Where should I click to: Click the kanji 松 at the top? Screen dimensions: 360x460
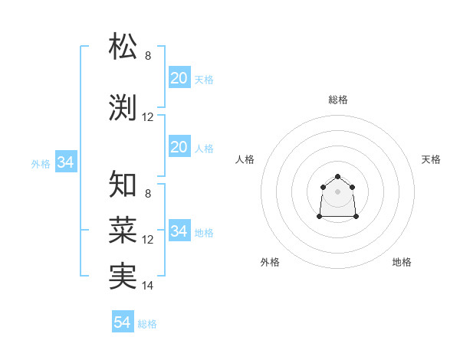click(x=123, y=47)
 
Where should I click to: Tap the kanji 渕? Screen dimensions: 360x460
click(x=123, y=107)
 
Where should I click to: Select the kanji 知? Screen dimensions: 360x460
click(x=123, y=185)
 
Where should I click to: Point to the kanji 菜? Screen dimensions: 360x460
click(x=123, y=229)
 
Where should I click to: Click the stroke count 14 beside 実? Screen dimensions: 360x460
click(x=148, y=286)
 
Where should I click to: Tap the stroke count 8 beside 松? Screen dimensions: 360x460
click(x=148, y=56)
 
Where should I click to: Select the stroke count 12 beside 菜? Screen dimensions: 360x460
click(x=148, y=240)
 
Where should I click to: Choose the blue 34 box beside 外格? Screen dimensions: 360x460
click(x=65, y=162)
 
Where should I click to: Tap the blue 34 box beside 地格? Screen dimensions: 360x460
click(x=179, y=231)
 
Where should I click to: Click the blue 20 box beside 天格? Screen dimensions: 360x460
click(x=179, y=78)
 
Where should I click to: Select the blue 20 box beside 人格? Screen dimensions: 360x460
click(x=179, y=147)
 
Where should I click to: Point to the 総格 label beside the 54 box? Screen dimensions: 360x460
click(x=147, y=324)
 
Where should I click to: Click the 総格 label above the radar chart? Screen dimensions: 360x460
click(x=337, y=100)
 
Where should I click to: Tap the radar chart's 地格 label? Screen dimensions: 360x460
click(x=402, y=262)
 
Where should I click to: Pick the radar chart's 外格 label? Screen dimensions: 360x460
click(x=270, y=262)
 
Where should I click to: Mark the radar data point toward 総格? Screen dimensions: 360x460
click(x=337, y=176)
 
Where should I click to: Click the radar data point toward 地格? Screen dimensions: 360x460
click(x=356, y=217)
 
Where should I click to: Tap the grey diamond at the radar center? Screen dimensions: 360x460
click(x=337, y=191)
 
